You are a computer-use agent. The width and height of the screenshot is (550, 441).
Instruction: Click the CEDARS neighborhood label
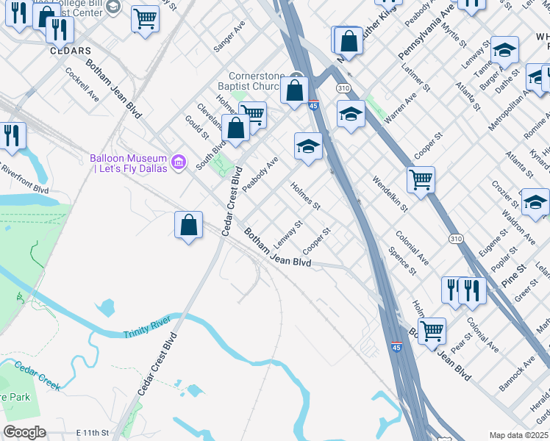[71, 51]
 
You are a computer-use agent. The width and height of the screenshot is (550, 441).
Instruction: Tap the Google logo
[24, 432]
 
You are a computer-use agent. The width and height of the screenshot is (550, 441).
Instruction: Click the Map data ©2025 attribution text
[518, 435]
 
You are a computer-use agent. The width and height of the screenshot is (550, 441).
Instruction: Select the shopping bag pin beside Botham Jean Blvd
[189, 225]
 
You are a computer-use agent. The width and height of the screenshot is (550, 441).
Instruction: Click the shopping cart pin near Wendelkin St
[421, 179]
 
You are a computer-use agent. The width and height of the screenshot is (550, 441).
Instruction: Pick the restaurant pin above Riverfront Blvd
[12, 136]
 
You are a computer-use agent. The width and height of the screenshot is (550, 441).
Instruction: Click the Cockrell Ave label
[82, 85]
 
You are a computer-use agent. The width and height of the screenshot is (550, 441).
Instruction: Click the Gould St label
[196, 126]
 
